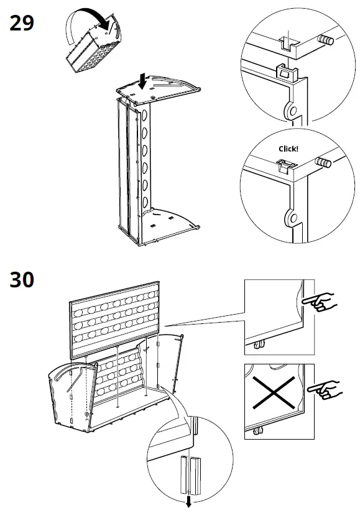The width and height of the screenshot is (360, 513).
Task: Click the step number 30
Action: (x=22, y=280)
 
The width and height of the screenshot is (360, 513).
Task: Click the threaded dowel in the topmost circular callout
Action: (x=325, y=40)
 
